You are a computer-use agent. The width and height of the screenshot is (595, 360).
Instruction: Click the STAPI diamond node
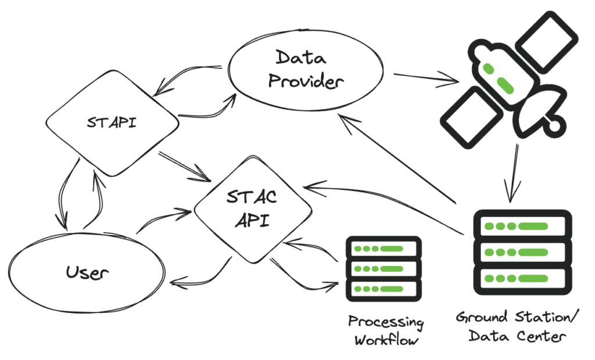pos(112,123)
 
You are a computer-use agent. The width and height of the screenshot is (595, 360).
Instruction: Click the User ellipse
pos(87,271)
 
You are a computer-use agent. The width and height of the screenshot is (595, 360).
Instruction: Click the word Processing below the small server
pos(386,322)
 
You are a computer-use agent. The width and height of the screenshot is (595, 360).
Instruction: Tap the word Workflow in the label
pos(386,340)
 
